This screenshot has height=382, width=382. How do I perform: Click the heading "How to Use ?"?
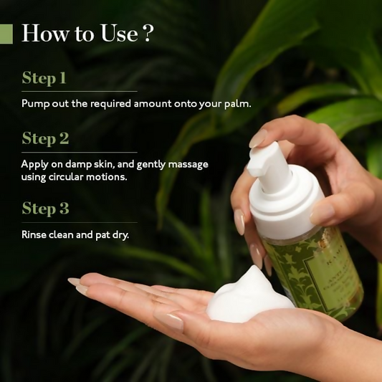click(87, 34)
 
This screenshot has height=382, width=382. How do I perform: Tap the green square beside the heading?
click(6, 34)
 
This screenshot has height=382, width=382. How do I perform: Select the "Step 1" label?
click(44, 77)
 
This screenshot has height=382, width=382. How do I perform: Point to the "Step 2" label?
click(44, 138)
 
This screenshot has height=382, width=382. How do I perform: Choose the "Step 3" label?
click(44, 209)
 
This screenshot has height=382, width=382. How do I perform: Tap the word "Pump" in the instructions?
click(34, 103)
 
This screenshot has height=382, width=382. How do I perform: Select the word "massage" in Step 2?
click(188, 164)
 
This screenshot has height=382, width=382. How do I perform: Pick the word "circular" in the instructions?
click(65, 177)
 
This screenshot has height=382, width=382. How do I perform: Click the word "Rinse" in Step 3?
click(34, 234)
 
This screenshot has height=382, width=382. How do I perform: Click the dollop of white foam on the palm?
click(247, 295)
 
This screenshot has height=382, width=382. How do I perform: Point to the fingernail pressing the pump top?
click(258, 138)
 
